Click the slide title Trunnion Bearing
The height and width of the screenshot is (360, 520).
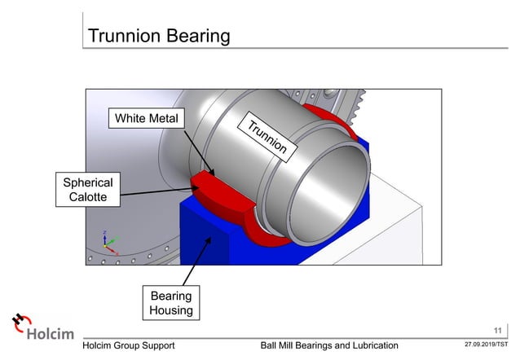[158, 36]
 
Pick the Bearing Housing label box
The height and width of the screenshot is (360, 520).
[170, 302]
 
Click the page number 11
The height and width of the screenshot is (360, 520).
[498, 330]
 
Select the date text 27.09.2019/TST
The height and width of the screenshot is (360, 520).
[487, 345]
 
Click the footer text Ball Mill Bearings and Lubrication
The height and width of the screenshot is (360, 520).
[328, 345]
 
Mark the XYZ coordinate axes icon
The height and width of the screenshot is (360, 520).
[107, 240]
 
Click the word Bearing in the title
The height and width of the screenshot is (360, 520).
[195, 36]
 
